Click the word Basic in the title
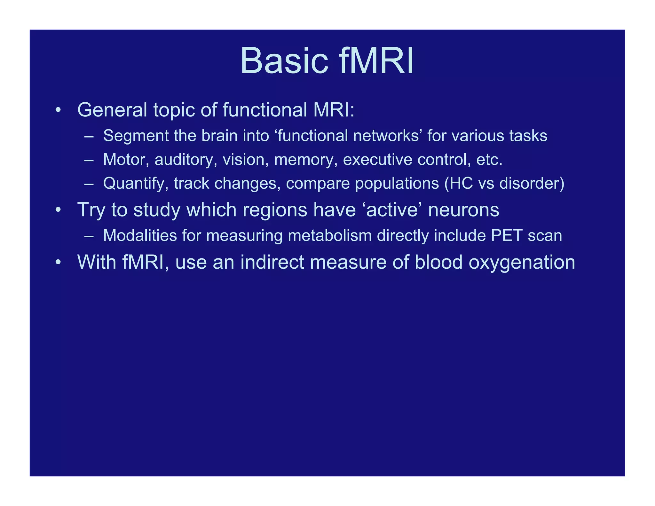point(284,61)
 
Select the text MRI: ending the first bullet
point(334,110)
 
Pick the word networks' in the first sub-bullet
point(388,136)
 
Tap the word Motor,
point(126,159)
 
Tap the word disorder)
point(532,184)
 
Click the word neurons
point(463,210)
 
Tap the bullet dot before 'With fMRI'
point(58,262)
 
